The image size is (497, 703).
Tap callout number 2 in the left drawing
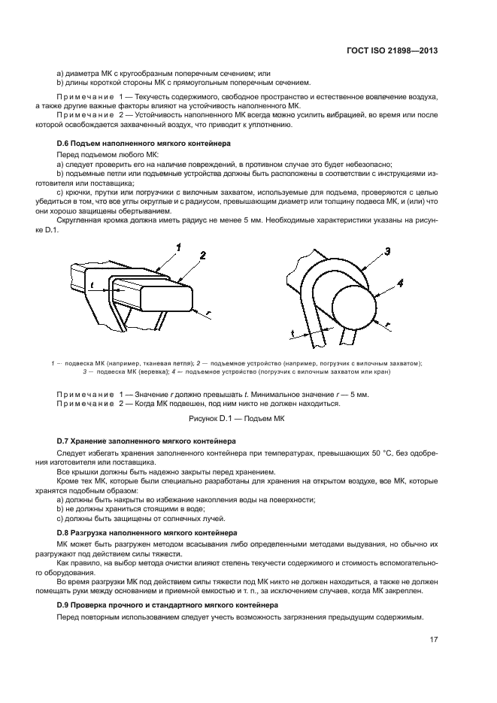point(202,256)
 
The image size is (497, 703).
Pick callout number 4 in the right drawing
point(400,283)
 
